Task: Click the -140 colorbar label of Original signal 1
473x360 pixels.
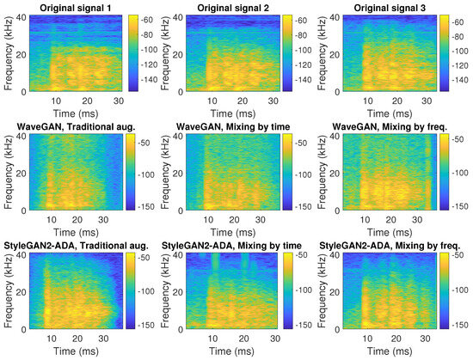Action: (x=149, y=79)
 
